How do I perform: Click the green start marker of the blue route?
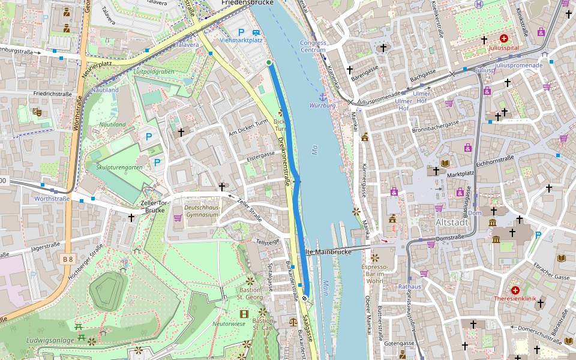(269, 62)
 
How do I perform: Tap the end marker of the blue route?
(305, 298)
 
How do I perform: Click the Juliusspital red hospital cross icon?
(503, 38)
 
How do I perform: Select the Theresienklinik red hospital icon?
(515, 290)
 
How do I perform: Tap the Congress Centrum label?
(313, 46)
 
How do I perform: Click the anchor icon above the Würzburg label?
(322, 96)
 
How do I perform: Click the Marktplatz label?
(461, 175)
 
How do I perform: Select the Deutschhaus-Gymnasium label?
(202, 211)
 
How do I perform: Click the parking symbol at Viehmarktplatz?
(242, 32)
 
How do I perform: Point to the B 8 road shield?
(68, 259)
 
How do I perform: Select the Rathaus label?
(410, 287)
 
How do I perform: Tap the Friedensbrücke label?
(247, 3)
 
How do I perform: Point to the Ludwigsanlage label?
(50, 341)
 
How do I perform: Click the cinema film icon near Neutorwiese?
(244, 314)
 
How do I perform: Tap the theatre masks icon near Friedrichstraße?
(37, 112)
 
